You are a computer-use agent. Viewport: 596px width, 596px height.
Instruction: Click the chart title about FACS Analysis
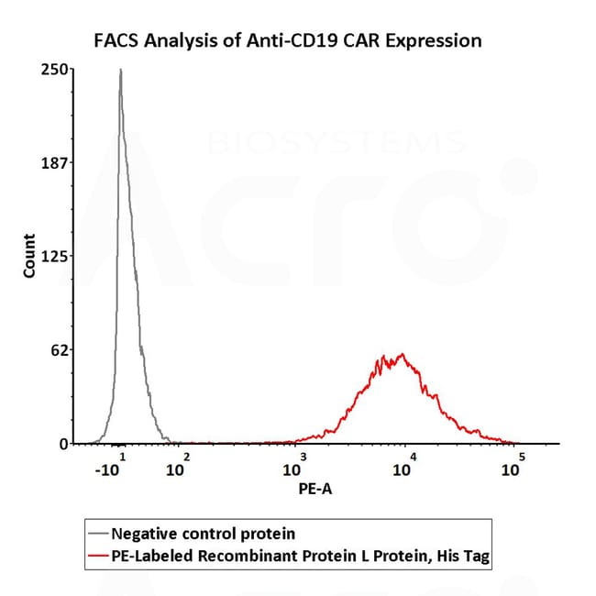pos(289,40)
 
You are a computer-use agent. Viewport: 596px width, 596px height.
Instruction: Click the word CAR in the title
pos(370,40)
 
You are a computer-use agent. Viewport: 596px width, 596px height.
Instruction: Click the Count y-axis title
pos(29,257)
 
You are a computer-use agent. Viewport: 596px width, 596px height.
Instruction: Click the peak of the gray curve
pos(120,70)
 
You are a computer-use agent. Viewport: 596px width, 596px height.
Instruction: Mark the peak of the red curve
pos(401,354)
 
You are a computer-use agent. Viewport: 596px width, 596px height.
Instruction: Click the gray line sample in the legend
pos(96,533)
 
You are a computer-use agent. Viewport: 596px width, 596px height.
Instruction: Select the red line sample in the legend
pos(96,554)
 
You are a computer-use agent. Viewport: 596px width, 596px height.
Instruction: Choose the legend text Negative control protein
pos(203,533)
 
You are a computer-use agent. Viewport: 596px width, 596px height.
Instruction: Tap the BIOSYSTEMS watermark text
pos(336,142)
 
